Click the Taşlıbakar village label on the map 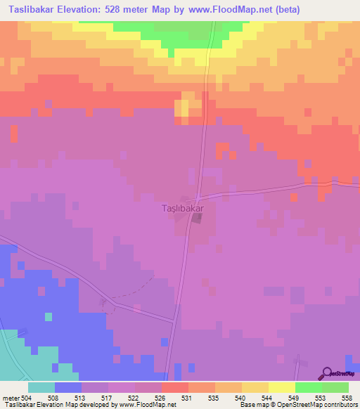point(183,209)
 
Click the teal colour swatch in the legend point(41,387)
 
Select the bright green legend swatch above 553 point(308,387)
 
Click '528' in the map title point(137,10)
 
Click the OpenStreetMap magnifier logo point(326,373)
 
